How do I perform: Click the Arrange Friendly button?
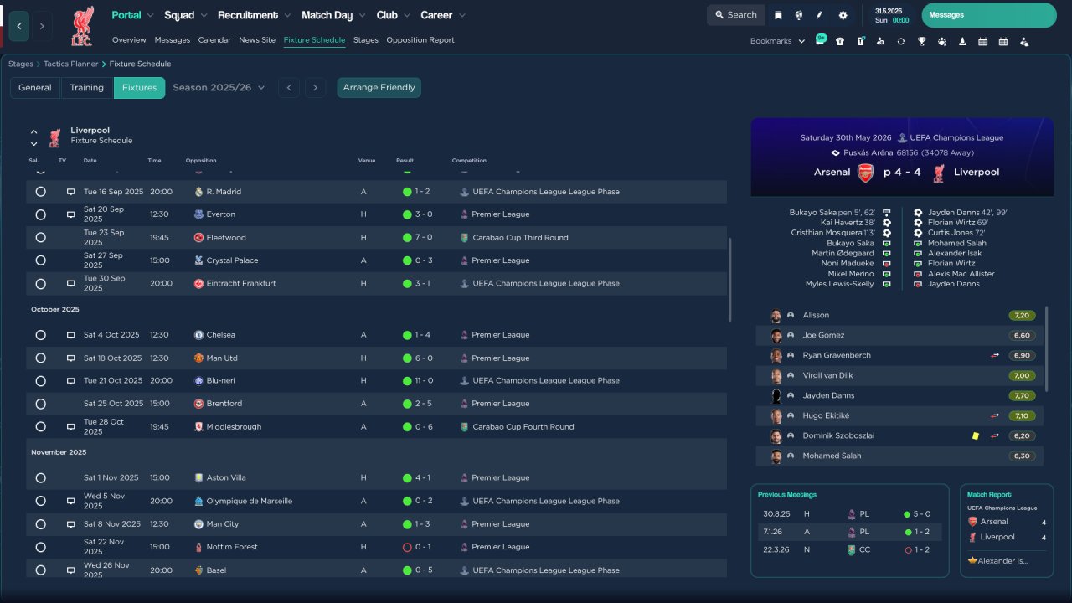pyautogui.click(x=379, y=88)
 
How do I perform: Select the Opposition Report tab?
pyautogui.click(x=420, y=40)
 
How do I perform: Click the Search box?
pyautogui.click(x=735, y=15)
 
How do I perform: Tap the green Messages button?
pyautogui.click(x=989, y=15)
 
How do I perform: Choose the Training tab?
pyautogui.click(x=86, y=88)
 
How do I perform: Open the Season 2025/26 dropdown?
pyautogui.click(x=219, y=88)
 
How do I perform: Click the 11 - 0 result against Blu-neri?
pyautogui.click(x=424, y=380)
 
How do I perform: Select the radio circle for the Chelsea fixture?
pyautogui.click(x=41, y=335)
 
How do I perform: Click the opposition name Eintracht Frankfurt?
pyautogui.click(x=241, y=283)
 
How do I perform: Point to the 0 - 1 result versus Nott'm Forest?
pyautogui.click(x=423, y=547)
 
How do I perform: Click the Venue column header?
pyautogui.click(x=367, y=161)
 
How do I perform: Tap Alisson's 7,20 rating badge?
pyautogui.click(x=1022, y=316)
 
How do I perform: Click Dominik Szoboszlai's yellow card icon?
pyautogui.click(x=976, y=436)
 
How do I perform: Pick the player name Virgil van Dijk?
pyautogui.click(x=827, y=376)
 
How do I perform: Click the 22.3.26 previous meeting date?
pyautogui.click(x=776, y=550)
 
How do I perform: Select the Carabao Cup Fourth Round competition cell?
pyautogui.click(x=523, y=427)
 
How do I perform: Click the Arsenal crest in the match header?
pyautogui.click(x=865, y=173)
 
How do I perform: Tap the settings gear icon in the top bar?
pyautogui.click(x=843, y=15)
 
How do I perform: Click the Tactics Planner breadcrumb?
pyautogui.click(x=71, y=64)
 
